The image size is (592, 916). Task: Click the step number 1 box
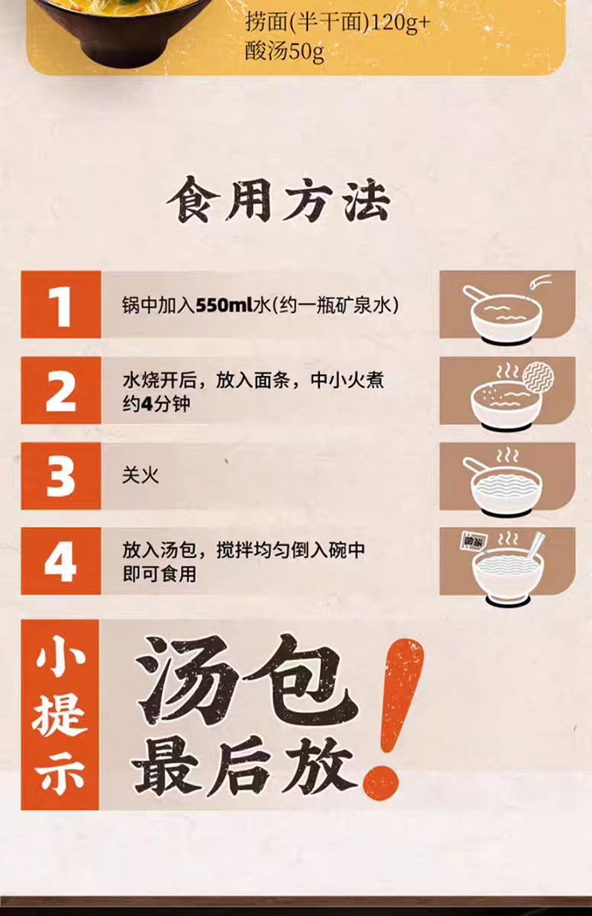pyautogui.click(x=61, y=305)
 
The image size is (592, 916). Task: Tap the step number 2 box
pyautogui.click(x=61, y=391)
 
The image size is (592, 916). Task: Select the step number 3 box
pyautogui.click(x=61, y=476)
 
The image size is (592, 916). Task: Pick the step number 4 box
pyautogui.click(x=61, y=561)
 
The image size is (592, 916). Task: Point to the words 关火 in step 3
pyautogui.click(x=140, y=476)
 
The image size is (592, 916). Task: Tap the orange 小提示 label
pyautogui.click(x=60, y=715)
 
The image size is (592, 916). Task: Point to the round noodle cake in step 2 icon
pyautogui.click(x=538, y=376)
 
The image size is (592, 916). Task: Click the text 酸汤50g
pyautogui.click(x=284, y=52)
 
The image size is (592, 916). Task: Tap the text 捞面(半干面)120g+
pyautogui.click(x=337, y=23)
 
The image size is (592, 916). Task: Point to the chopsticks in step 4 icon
pyautogui.click(x=536, y=544)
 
